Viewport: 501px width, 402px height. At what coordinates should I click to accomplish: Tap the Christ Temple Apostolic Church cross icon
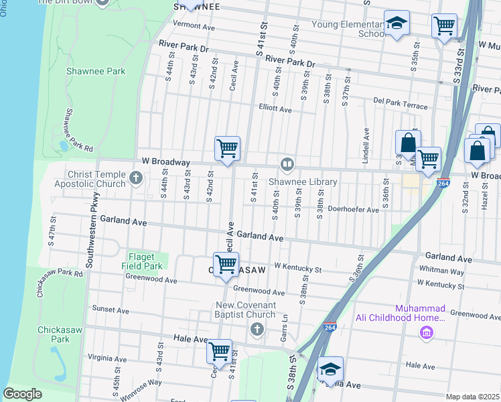pos(136,178)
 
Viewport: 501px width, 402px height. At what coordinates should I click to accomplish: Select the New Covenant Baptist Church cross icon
pos(256,329)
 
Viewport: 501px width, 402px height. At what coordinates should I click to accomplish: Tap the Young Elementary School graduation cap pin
pos(397,23)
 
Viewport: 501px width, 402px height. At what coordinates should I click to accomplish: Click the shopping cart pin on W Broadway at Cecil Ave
pos(227,148)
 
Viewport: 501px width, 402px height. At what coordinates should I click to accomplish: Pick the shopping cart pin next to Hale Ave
pos(219,350)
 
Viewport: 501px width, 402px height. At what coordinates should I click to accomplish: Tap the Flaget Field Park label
pos(142,261)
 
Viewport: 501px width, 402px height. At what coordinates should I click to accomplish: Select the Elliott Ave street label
pos(275,109)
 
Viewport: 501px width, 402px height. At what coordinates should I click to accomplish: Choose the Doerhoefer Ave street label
pos(353,210)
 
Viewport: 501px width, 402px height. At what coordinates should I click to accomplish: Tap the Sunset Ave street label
pos(111,310)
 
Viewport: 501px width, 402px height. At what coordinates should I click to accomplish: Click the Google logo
pos(22,394)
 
